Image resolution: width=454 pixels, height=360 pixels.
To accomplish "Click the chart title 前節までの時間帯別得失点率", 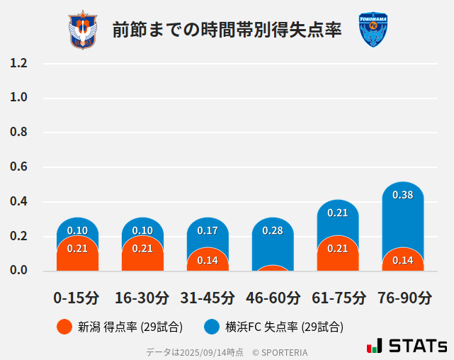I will pyautogui.click(x=227, y=30).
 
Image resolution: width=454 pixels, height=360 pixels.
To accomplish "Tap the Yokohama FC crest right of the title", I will pyautogui.click(x=373, y=30).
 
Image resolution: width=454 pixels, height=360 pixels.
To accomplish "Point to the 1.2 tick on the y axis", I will pyautogui.click(x=18, y=63).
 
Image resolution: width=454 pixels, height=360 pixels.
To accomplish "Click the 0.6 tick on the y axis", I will pyautogui.click(x=18, y=167).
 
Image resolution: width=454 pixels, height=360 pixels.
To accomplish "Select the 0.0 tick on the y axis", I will pyautogui.click(x=18, y=271).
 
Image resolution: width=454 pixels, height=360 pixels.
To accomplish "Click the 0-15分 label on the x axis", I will pyautogui.click(x=76, y=298).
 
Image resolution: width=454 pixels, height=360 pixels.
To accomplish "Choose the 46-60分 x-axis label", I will pyautogui.click(x=273, y=298).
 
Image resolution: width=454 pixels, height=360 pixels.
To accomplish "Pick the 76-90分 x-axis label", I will pyautogui.click(x=403, y=298).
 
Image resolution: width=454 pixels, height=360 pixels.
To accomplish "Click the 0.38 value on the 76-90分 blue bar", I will pyautogui.click(x=403, y=195).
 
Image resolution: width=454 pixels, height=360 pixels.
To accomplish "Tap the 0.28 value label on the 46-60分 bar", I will pyautogui.click(x=273, y=230).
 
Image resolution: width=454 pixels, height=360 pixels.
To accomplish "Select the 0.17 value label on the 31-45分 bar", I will pyautogui.click(x=208, y=230).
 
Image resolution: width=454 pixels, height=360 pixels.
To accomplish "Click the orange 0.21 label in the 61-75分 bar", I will pyautogui.click(x=338, y=248).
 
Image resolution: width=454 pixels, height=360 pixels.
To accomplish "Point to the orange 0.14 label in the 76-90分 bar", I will pyautogui.click(x=403, y=260).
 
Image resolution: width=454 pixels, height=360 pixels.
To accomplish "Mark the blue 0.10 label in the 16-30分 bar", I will pyautogui.click(x=142, y=230).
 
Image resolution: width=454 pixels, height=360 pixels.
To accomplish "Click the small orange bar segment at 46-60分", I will pyautogui.click(x=273, y=268).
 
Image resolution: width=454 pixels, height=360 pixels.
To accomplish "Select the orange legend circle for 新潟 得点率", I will pyautogui.click(x=64, y=327).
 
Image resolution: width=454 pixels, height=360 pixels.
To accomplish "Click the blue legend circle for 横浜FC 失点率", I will pyautogui.click(x=211, y=327).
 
